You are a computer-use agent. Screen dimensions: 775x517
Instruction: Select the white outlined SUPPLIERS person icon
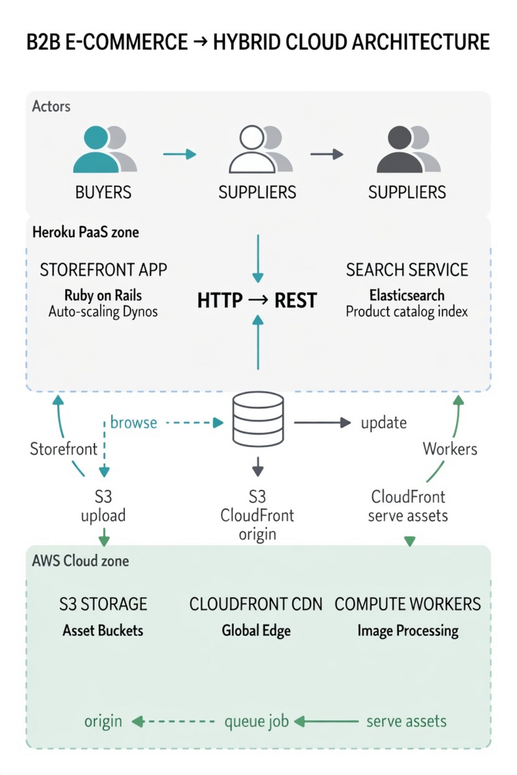[252, 149]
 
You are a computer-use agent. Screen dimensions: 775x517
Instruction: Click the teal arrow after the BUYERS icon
[179, 154]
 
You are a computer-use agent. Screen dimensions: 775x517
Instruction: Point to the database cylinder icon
[258, 418]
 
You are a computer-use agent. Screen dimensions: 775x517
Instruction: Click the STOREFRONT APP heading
[103, 270]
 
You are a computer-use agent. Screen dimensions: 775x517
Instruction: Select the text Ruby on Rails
[103, 295]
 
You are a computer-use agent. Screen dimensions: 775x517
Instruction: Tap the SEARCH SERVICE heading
[407, 270]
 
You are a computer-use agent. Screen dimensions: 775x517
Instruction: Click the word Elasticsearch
[407, 295]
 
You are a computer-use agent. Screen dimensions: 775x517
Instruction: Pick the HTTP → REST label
[257, 301]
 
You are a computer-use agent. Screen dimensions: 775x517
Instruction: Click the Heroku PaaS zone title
[86, 232]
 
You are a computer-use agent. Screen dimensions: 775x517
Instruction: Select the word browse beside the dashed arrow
[134, 423]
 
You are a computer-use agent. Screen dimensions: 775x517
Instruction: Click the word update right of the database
[383, 423]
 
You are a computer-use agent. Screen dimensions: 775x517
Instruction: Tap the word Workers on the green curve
[450, 449]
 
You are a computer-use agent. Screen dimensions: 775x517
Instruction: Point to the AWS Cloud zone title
[81, 561]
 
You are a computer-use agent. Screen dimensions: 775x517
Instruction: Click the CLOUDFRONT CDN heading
[255, 604]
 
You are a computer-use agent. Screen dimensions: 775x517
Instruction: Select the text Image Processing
[408, 631]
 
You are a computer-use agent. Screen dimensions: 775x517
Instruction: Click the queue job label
[256, 721]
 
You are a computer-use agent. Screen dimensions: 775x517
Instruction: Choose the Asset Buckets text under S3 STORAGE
[103, 631]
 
